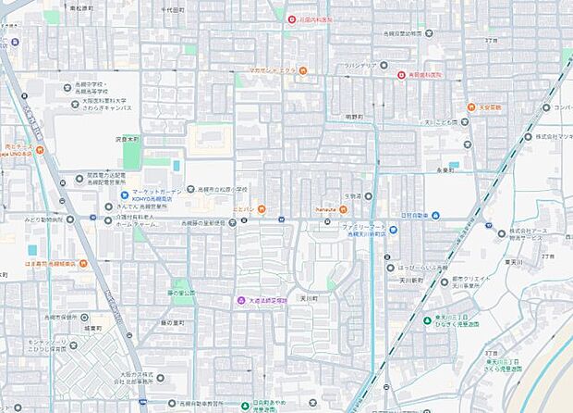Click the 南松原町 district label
85,7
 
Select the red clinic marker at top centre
292,19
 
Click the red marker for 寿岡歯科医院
402,75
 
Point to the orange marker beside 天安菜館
471,107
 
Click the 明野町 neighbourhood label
355,117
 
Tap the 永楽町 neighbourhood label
446,170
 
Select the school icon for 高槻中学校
67,88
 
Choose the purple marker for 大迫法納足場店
240,300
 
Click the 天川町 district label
309,299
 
